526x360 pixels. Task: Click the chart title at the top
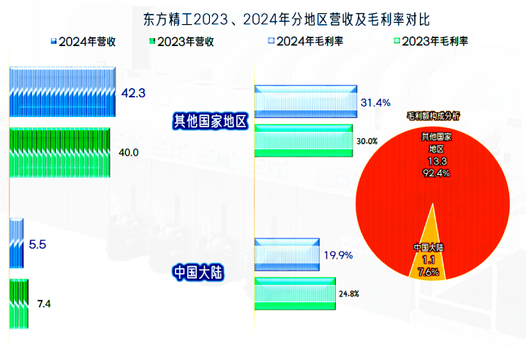coord(286,19)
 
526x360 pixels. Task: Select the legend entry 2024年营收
coord(83,42)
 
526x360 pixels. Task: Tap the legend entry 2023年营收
coord(181,42)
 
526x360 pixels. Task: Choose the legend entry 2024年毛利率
coord(306,41)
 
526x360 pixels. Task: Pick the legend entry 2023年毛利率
coord(431,41)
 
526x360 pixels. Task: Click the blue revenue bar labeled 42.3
coord(62,92)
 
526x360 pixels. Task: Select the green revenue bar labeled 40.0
coord(60,152)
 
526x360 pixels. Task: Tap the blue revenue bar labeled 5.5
coord(16,243)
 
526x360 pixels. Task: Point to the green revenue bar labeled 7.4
coord(19,304)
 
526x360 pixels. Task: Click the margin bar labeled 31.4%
coord(306,102)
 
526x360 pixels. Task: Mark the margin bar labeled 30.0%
coord(304,140)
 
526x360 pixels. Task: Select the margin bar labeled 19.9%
coord(287,255)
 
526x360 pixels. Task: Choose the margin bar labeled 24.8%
coord(295,293)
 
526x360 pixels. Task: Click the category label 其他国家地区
coord(211,121)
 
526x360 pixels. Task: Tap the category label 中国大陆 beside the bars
coord(198,272)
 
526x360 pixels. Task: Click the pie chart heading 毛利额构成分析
coord(433,116)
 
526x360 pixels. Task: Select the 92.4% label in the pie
coord(436,173)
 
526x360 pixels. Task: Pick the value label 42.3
coord(133,93)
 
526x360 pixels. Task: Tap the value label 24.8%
coord(349,294)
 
